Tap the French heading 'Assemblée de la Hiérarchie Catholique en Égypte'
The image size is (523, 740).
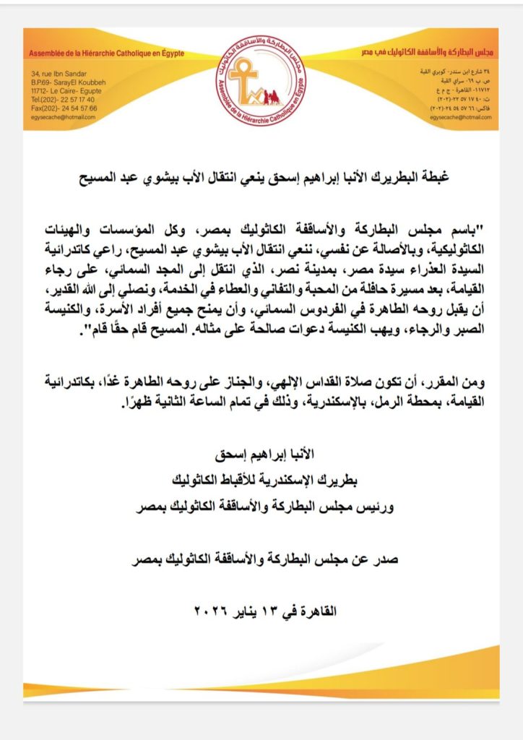point(107,54)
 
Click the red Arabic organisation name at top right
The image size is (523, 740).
point(427,54)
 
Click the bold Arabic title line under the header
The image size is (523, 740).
point(261,176)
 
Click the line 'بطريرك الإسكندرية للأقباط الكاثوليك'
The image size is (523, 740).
point(261,481)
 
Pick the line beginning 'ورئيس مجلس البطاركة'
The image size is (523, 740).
point(261,507)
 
